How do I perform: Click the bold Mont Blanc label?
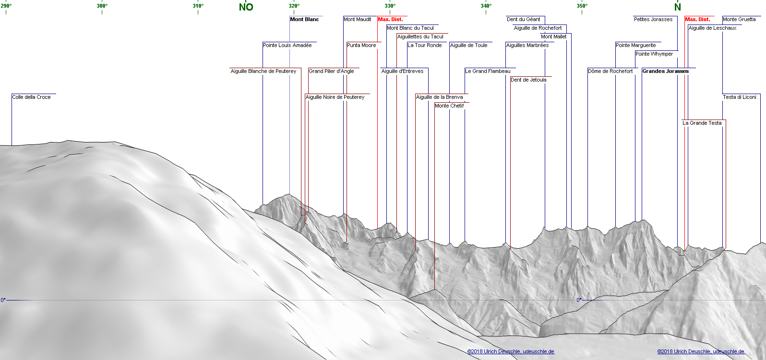click(304, 19)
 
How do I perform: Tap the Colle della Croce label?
click(31, 97)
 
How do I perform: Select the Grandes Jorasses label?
click(665, 71)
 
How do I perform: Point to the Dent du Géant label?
click(523, 19)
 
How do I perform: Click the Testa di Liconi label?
click(739, 97)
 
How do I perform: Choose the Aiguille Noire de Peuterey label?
click(335, 97)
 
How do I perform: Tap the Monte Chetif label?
click(449, 106)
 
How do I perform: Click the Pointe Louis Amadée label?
click(287, 45)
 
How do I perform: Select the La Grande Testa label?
click(702, 123)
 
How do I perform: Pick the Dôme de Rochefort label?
click(610, 71)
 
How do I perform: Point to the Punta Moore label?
click(361, 45)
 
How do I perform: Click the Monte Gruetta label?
click(739, 19)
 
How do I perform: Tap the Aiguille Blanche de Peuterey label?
click(263, 71)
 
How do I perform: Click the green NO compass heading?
click(246, 7)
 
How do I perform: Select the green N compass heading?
click(677, 7)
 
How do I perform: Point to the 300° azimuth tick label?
click(102, 6)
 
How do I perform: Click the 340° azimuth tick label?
click(486, 6)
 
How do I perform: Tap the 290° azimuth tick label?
click(6, 6)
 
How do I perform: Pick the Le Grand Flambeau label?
click(488, 71)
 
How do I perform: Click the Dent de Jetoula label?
click(528, 80)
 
